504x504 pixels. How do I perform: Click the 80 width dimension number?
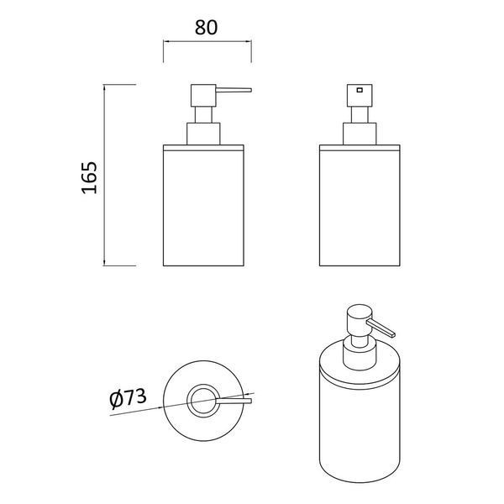tap(206, 28)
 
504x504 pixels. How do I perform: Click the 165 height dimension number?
tap(89, 178)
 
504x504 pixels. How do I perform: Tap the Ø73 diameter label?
tap(128, 398)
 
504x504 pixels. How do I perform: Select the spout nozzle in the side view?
tap(234, 90)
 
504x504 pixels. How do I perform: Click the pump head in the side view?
tap(203, 96)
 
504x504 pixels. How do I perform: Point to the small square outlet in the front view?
tap(360, 90)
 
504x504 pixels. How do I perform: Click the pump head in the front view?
tap(360, 96)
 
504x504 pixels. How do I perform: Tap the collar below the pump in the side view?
tap(203, 134)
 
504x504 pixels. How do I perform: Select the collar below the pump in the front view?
tap(360, 134)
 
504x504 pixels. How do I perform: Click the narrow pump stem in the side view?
tap(203, 115)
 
